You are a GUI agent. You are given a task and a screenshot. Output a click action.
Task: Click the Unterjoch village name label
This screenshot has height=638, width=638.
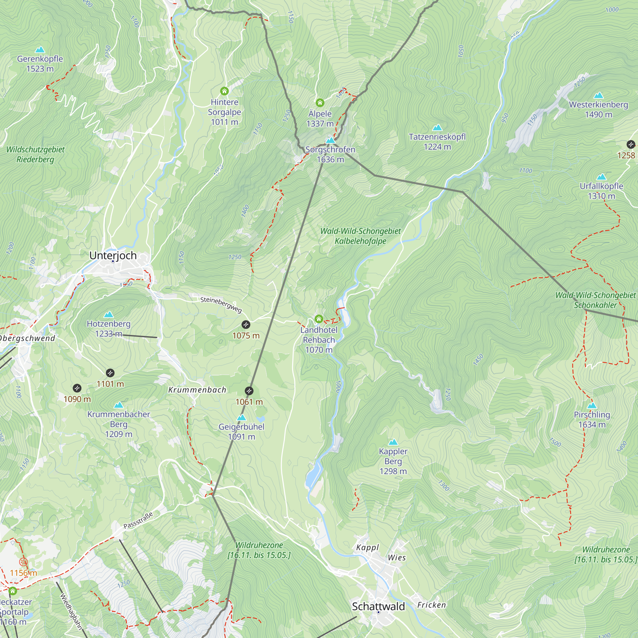pos(113,255)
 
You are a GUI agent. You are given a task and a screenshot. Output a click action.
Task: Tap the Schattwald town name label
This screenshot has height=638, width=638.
pos(378,606)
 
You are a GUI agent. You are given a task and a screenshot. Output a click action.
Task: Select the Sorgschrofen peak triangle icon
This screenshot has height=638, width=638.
pos(330,141)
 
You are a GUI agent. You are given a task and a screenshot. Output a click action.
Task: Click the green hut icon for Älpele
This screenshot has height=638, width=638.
pos(320,102)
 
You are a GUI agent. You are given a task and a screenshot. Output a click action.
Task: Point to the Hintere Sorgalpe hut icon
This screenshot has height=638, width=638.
pos(224,91)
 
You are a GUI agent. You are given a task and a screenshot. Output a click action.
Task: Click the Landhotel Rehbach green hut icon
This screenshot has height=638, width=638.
pos(319,319)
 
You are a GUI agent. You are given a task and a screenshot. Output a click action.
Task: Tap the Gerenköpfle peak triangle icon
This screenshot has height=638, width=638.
pos(40,50)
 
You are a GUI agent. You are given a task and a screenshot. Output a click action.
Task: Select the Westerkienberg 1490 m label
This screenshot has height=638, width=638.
pos(598,109)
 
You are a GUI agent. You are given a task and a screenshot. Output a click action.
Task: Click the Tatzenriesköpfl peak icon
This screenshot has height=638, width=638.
pos(437,128)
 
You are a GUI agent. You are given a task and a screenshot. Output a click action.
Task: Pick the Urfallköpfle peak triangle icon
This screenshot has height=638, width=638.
pos(602,177)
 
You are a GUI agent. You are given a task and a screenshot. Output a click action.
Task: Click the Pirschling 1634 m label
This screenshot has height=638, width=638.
pos(592,419)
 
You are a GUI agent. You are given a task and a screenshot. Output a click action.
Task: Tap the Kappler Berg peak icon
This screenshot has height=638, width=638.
pos(393,442)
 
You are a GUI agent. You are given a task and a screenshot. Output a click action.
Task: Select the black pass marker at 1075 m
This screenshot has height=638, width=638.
pos(246,325)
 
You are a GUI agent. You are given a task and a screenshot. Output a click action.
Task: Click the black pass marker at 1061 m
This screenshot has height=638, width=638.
pos(249,391)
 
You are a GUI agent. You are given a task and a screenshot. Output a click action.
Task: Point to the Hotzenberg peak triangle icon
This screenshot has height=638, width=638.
pos(109,315)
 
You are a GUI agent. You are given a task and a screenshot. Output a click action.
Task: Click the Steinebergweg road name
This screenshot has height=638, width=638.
pos(221,304)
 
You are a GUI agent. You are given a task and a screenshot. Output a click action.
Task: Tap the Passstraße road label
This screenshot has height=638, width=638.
pos(138,520)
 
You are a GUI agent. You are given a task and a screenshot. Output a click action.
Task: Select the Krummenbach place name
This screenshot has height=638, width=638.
pos(197,390)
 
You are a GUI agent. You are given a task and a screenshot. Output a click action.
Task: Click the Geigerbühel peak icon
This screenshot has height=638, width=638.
pos(242,418)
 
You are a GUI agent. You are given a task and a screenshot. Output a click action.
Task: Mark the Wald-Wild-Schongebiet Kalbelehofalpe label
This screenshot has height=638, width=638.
pos(360,236)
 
